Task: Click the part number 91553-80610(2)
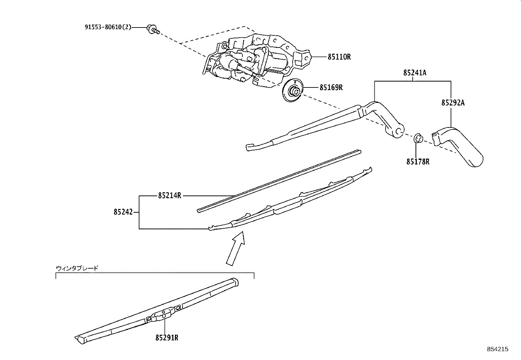click(x=108, y=28)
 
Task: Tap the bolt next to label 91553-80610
click(x=153, y=29)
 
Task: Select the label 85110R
click(x=339, y=57)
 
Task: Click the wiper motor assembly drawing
click(x=255, y=62)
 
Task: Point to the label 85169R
click(x=331, y=87)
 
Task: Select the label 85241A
click(x=415, y=73)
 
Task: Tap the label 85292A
click(x=453, y=103)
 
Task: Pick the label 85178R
click(x=418, y=161)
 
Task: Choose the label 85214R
click(x=170, y=196)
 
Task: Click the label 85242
click(x=123, y=212)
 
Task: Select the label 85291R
click(x=167, y=337)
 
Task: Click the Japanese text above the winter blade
click(x=77, y=268)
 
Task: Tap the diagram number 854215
click(x=498, y=349)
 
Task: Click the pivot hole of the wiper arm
click(x=399, y=132)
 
